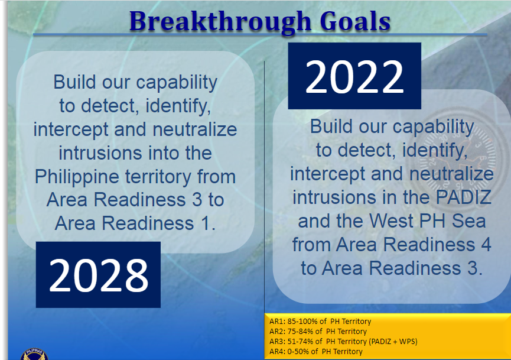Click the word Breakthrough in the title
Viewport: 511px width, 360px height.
coord(220,21)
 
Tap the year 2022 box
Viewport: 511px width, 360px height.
coord(354,76)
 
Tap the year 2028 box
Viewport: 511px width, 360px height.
coord(98,274)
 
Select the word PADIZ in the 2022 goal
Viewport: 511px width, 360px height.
coord(463,197)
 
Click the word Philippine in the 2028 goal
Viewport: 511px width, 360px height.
coord(77,177)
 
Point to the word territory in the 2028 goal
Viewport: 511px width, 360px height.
coord(158,177)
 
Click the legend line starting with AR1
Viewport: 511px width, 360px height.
coord(320,322)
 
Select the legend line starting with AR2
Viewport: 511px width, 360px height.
coord(318,332)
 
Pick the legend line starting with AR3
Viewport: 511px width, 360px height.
coord(343,342)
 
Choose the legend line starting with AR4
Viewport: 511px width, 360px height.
coord(316,352)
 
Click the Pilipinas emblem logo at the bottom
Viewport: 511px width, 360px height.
coord(34,355)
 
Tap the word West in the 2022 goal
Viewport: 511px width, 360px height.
coord(391,221)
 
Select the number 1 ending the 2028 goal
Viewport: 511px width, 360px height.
coord(208,223)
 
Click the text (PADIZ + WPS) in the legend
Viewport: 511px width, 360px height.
coord(393,342)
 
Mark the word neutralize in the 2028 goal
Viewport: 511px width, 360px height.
coord(195,129)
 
